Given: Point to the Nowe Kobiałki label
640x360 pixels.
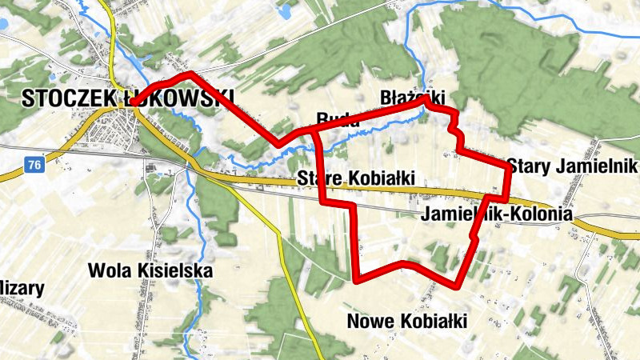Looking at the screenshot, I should click(x=407, y=322).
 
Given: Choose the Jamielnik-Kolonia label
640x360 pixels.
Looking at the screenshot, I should click(x=495, y=214).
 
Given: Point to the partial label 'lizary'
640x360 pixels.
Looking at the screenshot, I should click(x=22, y=288).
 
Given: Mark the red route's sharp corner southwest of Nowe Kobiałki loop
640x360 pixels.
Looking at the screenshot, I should click(x=354, y=281).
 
